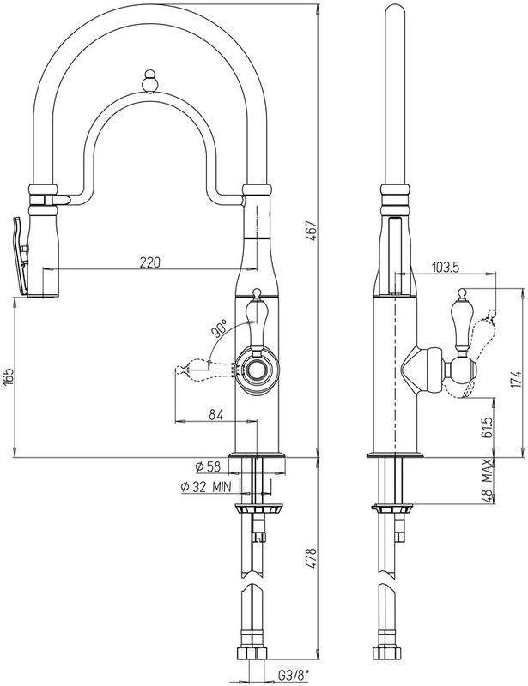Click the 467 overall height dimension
[311, 232]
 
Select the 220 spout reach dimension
[150, 262]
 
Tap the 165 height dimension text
[9, 377]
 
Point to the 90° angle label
[220, 328]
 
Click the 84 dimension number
[215, 414]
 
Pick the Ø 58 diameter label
[208, 466]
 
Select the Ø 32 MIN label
[206, 487]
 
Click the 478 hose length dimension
[311, 558]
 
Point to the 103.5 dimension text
[446, 267]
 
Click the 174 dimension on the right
[518, 379]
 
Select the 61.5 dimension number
[489, 427]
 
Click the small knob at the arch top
[150, 81]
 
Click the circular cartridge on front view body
[257, 370]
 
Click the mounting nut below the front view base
[259, 508]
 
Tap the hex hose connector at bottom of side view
[387, 653]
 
